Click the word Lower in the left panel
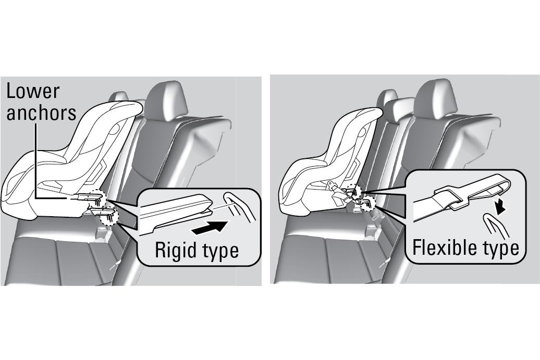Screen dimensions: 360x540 click(x=32, y=91)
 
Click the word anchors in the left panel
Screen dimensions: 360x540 click(x=41, y=113)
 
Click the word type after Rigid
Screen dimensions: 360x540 click(x=218, y=251)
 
